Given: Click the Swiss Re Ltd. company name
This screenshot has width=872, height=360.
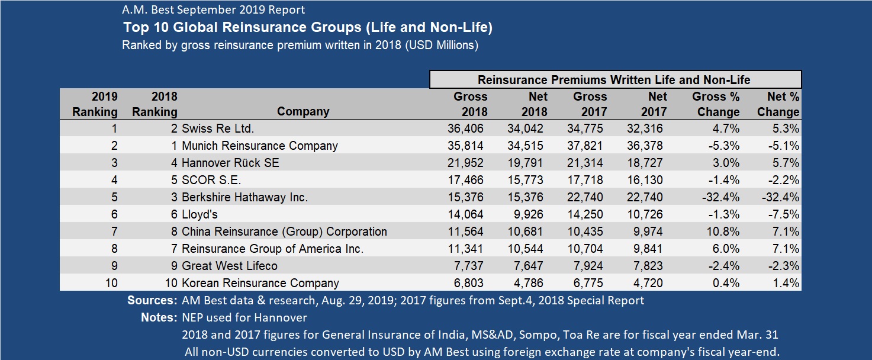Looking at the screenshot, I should point(217,128).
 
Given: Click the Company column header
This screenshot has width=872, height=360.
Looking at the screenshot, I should point(303,111).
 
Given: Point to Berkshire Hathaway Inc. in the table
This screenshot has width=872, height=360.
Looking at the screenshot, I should point(244,197).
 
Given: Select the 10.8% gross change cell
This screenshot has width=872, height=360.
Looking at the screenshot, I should point(724,232).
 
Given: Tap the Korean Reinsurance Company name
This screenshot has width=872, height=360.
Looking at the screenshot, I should point(260,283).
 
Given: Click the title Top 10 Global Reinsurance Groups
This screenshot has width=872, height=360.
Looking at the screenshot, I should point(308,28).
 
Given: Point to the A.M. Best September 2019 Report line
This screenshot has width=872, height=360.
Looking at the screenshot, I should point(213,10).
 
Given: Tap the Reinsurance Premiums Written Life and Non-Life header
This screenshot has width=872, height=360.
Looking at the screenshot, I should point(614,79).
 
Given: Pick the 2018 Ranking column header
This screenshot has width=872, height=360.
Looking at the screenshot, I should point(156,104).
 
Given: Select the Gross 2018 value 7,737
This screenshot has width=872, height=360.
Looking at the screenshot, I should point(471,266).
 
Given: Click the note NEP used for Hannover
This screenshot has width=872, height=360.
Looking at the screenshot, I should point(244,317).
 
